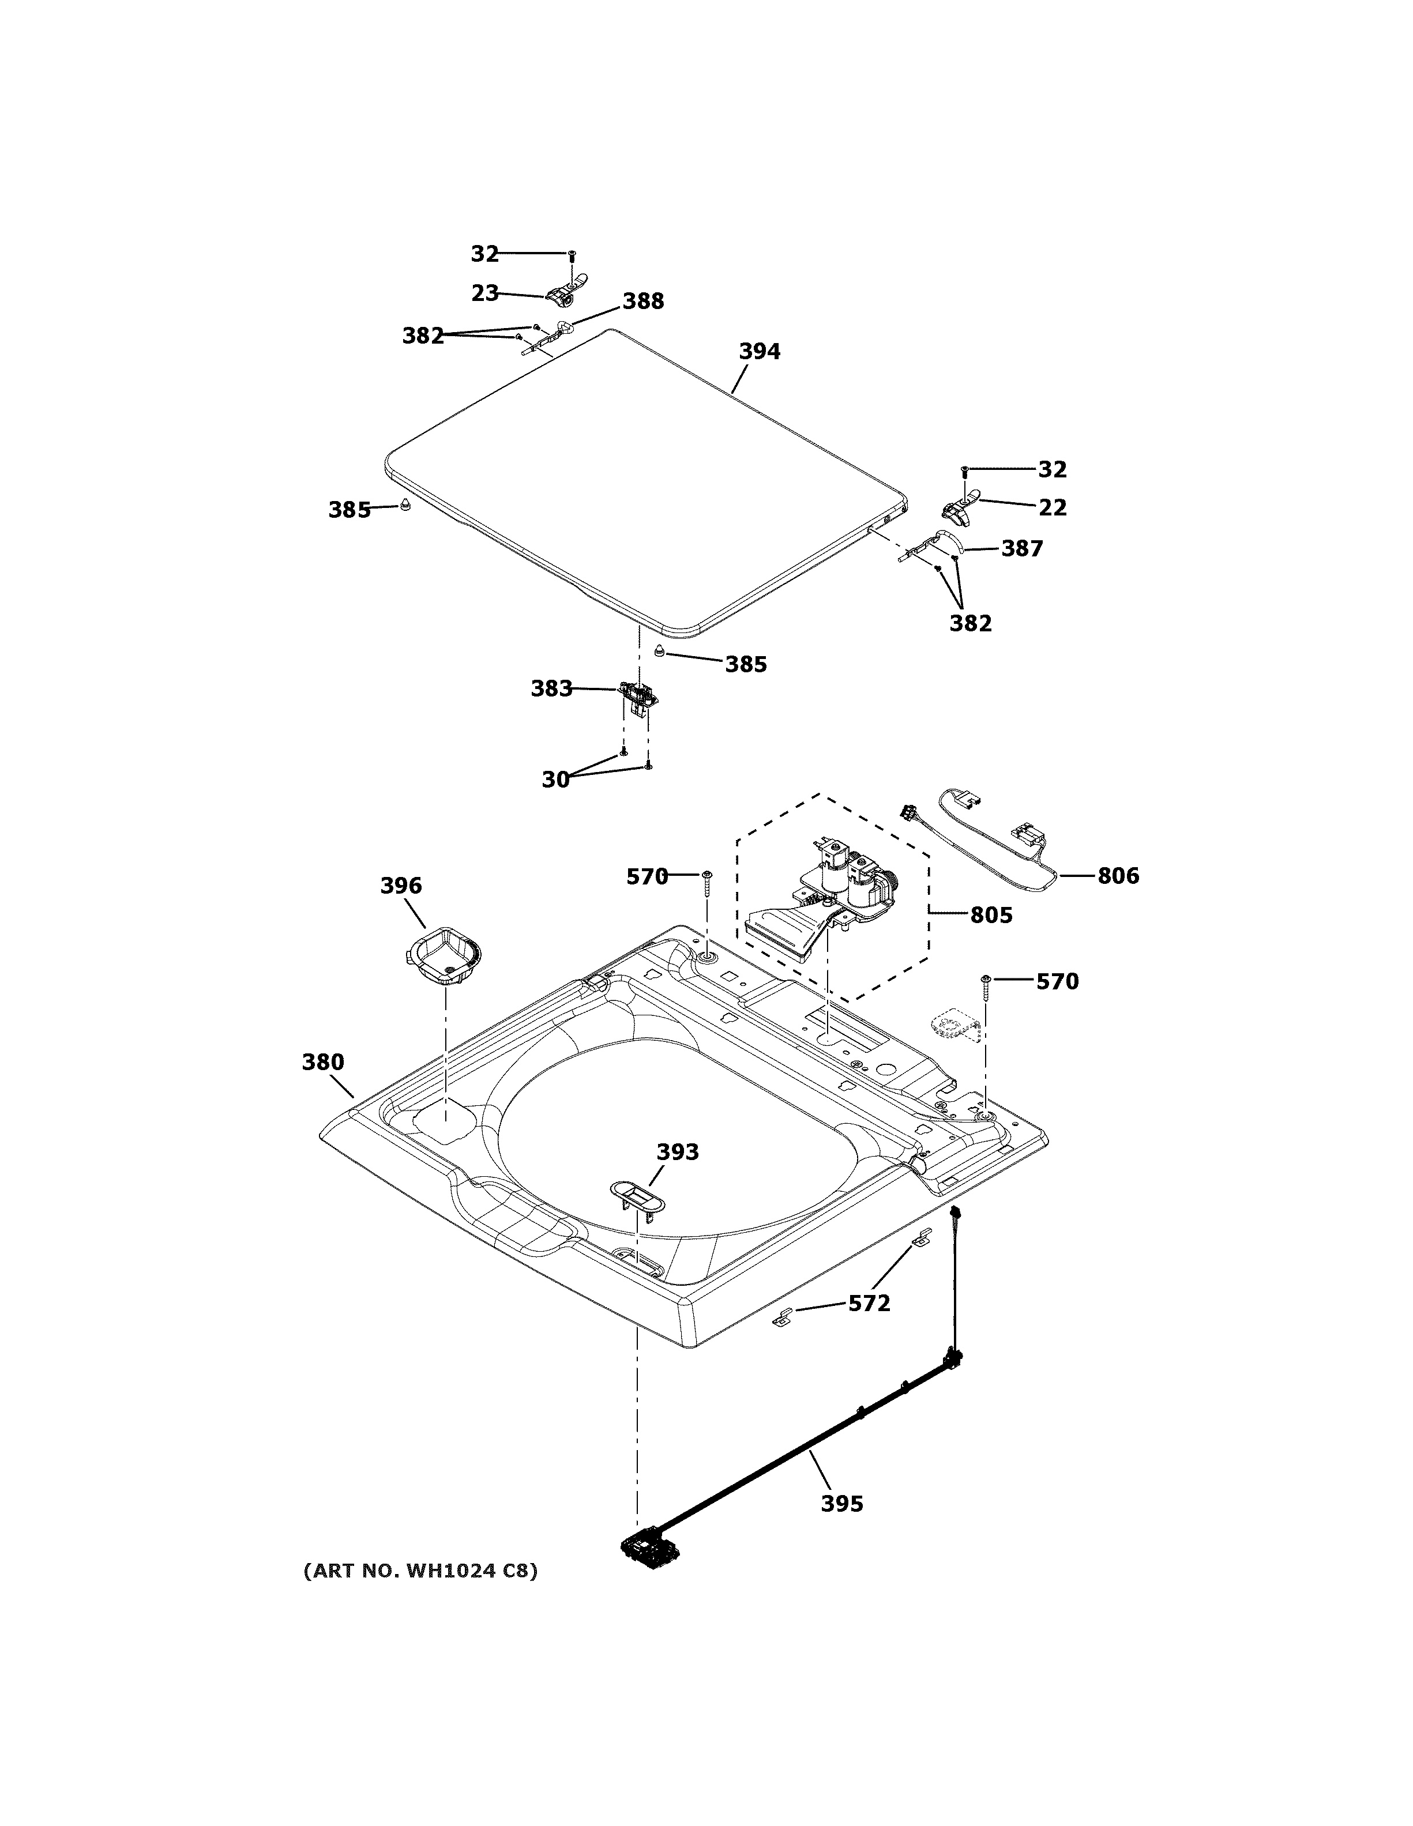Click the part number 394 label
point(759,352)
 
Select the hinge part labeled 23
point(565,293)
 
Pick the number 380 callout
point(323,1062)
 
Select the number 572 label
point(870,1304)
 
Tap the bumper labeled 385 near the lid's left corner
point(405,505)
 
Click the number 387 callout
point(1022,548)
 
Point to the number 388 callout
point(643,301)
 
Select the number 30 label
point(555,779)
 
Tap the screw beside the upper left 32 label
point(572,254)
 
